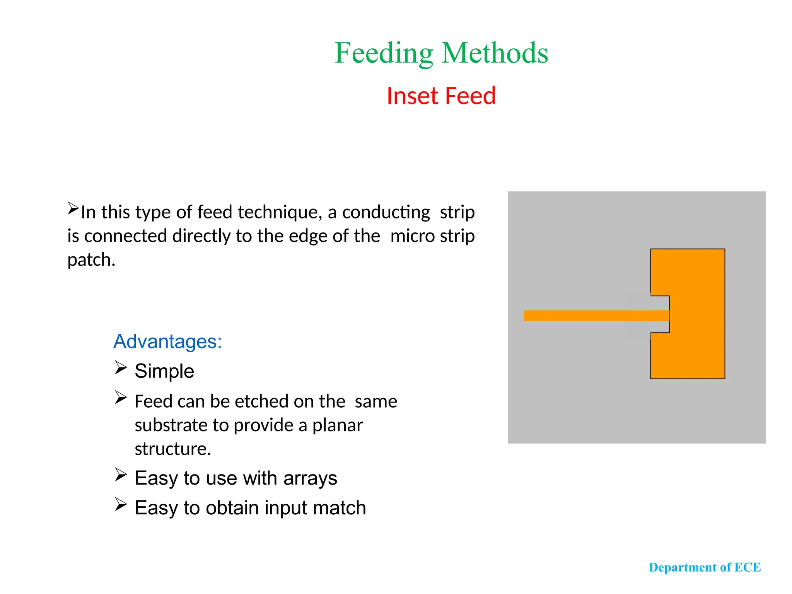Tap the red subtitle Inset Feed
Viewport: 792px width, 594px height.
[441, 96]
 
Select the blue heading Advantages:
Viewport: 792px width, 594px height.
[167, 341]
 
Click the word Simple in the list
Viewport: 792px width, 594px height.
[164, 371]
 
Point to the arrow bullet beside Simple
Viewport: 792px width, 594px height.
[121, 368]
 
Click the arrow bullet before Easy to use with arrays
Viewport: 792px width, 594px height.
[121, 475]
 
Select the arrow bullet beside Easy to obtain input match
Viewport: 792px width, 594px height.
[121, 504]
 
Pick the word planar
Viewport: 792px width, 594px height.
[337, 425]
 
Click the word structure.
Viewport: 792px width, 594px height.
[172, 449]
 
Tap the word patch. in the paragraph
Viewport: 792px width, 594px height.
[91, 260]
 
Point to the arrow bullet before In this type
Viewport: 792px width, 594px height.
[73, 208]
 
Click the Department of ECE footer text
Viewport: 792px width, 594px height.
[705, 567]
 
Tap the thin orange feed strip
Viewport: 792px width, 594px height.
[580, 316]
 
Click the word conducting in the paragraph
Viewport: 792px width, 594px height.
[386, 212]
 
